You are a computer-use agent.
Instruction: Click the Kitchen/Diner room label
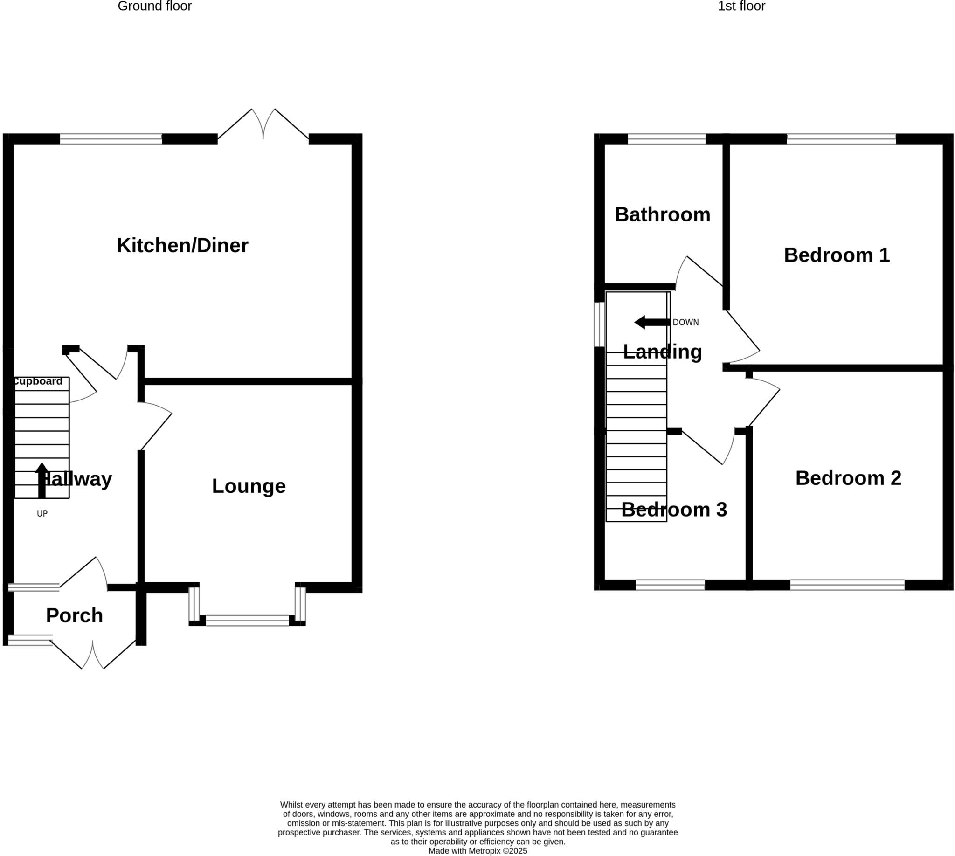pos(182,246)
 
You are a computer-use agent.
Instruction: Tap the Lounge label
pos(249,486)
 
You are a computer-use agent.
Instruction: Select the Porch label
pos(74,615)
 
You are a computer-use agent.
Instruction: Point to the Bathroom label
pos(662,214)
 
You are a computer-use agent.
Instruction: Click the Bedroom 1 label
pos(837,255)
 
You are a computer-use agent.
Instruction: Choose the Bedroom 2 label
pos(848,478)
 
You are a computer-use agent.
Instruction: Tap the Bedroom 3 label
pos(674,510)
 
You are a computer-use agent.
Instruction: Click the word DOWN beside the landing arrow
pos(685,322)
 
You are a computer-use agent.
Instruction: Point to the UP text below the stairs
pos(42,514)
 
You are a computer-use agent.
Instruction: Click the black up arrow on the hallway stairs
pos(42,480)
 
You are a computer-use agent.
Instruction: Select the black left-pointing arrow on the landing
pos(651,322)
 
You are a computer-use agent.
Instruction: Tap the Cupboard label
pos(38,381)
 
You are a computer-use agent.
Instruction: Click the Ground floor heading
pos(154,7)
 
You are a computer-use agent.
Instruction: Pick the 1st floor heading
pos(741,7)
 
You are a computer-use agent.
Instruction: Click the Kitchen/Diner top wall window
pos(111,139)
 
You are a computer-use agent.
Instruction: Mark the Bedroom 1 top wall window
pos(841,139)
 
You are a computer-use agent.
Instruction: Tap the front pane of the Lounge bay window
pos(247,621)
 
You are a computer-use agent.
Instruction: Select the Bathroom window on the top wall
pos(666,139)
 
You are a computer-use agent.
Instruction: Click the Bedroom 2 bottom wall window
pos(847,585)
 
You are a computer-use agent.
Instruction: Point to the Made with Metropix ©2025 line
pos(477,851)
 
